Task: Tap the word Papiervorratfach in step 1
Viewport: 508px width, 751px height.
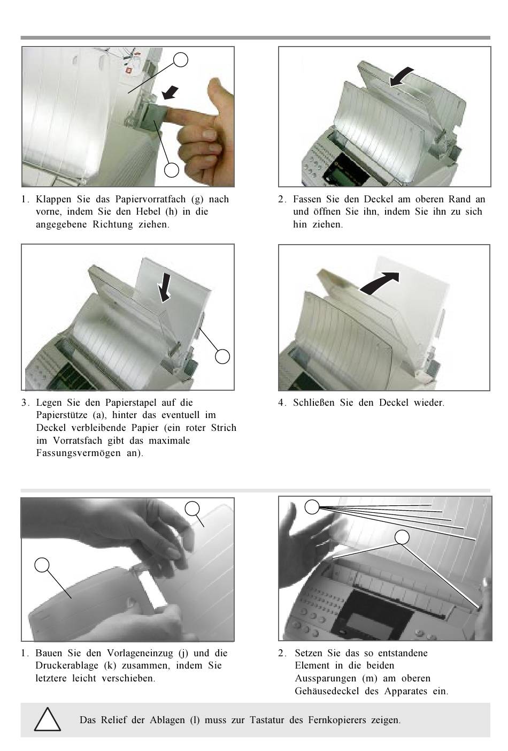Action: click(x=150, y=200)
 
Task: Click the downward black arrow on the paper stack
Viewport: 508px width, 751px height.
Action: click(x=164, y=287)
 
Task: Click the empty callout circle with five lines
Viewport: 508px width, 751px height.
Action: click(x=312, y=506)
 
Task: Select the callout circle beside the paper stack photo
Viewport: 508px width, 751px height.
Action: click(x=222, y=356)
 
